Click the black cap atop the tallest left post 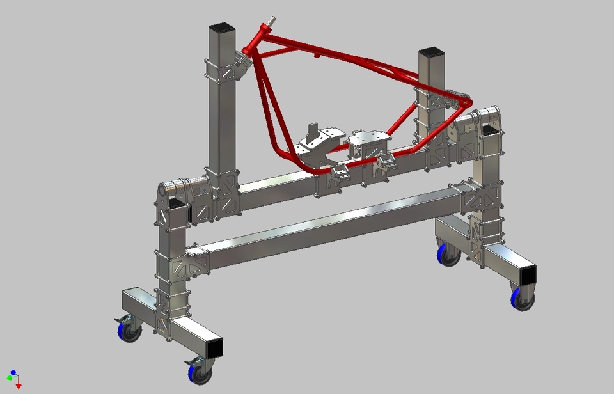(x=222, y=28)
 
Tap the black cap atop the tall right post (x=431, y=51)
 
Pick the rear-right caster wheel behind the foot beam (x=448, y=254)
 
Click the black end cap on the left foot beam (x=215, y=347)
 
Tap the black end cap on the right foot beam (x=528, y=275)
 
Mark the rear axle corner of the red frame (x=466, y=102)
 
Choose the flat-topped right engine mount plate (x=369, y=138)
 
